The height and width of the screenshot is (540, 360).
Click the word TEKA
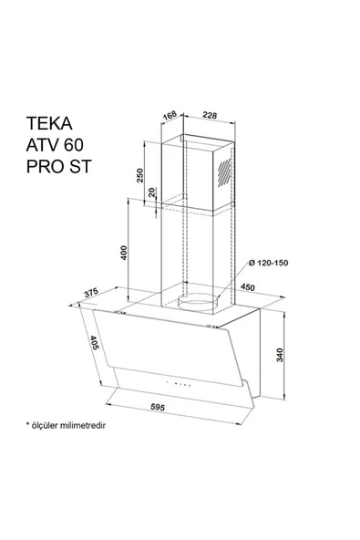(48, 122)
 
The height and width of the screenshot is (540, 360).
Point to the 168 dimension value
(167, 115)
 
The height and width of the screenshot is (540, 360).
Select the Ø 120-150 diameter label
(267, 265)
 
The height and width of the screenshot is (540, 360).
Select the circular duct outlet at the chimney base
(198, 301)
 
